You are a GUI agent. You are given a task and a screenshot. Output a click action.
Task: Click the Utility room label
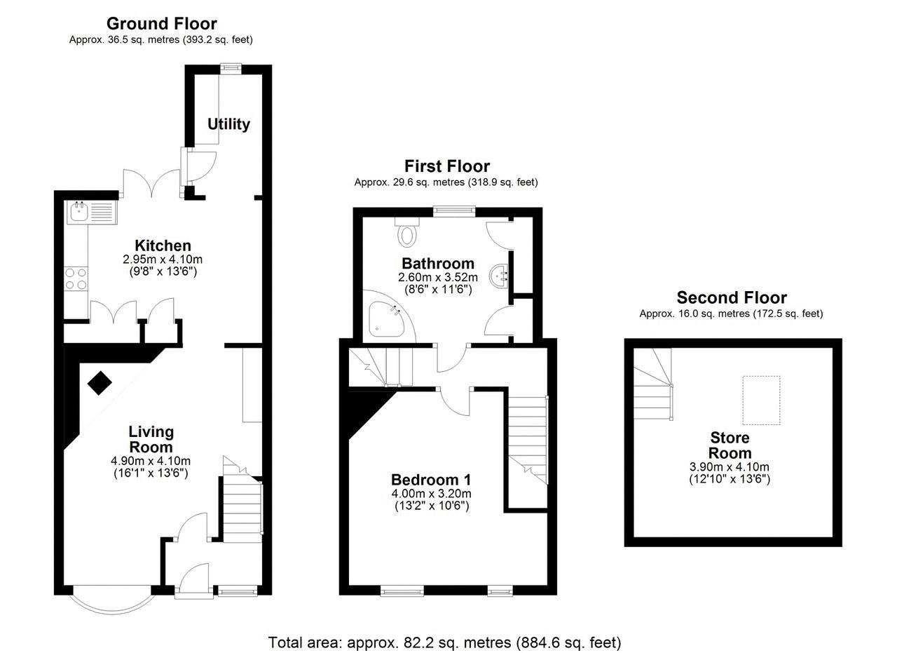(228, 124)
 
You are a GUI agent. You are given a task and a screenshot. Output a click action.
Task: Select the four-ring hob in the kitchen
(76, 279)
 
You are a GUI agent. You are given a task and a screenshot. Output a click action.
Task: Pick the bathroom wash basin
(499, 276)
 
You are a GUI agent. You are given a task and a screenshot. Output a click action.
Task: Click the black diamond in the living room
(100, 383)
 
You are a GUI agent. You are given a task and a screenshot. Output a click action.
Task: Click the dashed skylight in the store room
(761, 400)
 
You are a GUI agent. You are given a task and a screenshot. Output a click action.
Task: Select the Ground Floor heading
(162, 24)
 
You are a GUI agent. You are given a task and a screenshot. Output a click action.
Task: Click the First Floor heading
(447, 166)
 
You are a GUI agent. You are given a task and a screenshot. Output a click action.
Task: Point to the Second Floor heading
(732, 297)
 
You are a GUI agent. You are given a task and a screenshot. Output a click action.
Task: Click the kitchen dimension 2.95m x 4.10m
(163, 260)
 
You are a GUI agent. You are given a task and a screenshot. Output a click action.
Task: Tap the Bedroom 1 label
(431, 480)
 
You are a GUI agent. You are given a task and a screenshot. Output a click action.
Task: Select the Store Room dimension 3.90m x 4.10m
(730, 466)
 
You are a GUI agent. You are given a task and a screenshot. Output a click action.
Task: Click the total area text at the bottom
(444, 642)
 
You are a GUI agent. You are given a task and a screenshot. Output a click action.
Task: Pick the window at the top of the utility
(231, 69)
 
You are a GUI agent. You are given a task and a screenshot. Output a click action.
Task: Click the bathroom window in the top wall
(454, 212)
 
